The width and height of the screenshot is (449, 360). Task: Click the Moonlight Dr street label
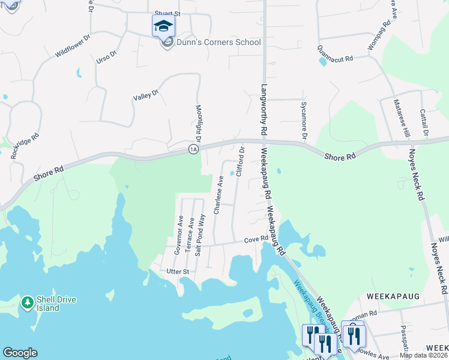(x=199, y=119)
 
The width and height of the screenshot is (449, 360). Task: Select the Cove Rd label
(x=255, y=240)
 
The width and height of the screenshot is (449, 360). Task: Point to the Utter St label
(x=178, y=271)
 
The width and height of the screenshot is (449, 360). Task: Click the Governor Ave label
(x=178, y=235)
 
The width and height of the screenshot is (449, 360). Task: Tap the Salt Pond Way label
(x=202, y=234)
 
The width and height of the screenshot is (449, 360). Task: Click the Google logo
(x=20, y=353)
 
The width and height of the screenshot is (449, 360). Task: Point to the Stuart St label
(x=167, y=13)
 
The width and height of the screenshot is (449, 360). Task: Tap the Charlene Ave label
(x=220, y=188)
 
